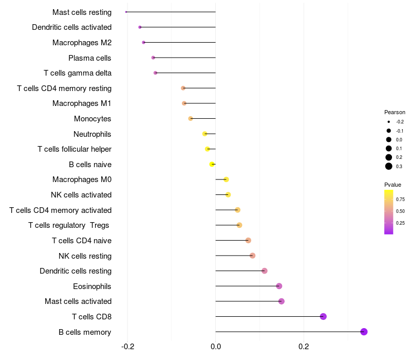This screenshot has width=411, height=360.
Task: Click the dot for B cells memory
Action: click(x=364, y=332)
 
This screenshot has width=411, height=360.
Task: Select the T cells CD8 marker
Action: click(x=323, y=316)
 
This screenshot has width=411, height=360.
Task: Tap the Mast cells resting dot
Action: click(x=126, y=12)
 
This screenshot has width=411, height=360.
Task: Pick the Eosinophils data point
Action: click(x=279, y=286)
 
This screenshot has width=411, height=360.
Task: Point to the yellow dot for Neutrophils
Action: click(x=205, y=134)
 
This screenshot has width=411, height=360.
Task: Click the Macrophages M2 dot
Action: click(x=143, y=42)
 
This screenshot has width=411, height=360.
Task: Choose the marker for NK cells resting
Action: click(x=252, y=256)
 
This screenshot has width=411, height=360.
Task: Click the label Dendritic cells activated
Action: click(x=71, y=27)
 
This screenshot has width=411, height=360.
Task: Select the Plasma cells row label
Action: click(x=90, y=58)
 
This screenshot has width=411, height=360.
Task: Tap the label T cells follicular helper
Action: click(x=74, y=149)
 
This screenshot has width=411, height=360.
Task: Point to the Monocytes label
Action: click(x=92, y=119)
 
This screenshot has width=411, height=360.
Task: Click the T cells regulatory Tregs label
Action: click(x=70, y=225)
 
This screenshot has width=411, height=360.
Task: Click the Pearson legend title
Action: click(x=395, y=112)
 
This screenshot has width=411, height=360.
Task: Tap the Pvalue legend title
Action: click(x=393, y=185)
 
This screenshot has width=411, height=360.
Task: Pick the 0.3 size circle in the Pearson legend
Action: click(x=389, y=166)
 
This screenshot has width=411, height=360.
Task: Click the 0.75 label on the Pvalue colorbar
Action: click(x=400, y=199)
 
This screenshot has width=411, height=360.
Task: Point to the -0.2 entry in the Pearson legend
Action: click(x=389, y=122)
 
